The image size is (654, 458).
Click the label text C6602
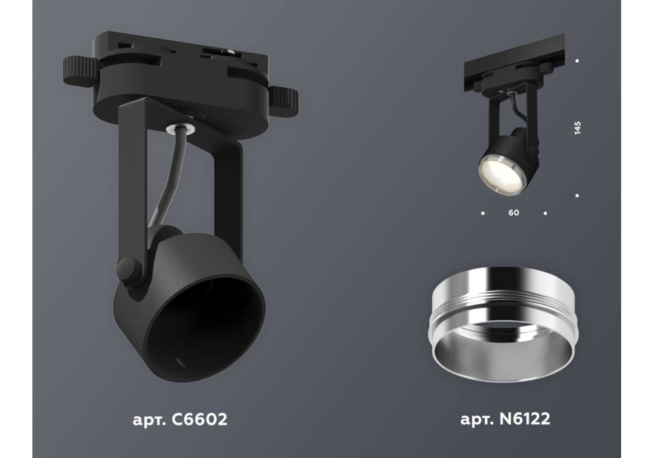[199, 419]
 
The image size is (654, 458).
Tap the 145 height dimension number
[577, 128]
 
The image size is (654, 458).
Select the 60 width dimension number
[514, 213]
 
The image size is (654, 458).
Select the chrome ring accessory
[504, 324]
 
